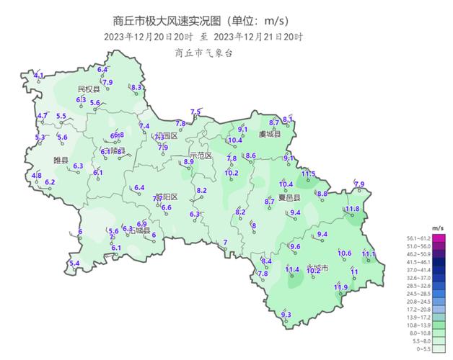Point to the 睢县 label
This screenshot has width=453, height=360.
click(x=61, y=160)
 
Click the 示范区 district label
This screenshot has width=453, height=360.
click(x=201, y=156)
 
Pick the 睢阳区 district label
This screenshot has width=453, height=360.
click(x=166, y=197)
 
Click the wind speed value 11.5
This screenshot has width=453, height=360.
click(x=308, y=174)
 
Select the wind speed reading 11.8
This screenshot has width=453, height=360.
click(x=352, y=209)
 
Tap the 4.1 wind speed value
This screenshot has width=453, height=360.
click(x=39, y=75)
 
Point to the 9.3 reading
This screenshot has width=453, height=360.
click(x=285, y=314)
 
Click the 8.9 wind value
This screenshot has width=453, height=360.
click(x=189, y=162)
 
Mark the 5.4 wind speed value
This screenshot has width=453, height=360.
click(x=74, y=263)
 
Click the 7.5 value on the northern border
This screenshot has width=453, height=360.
click(x=195, y=111)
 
